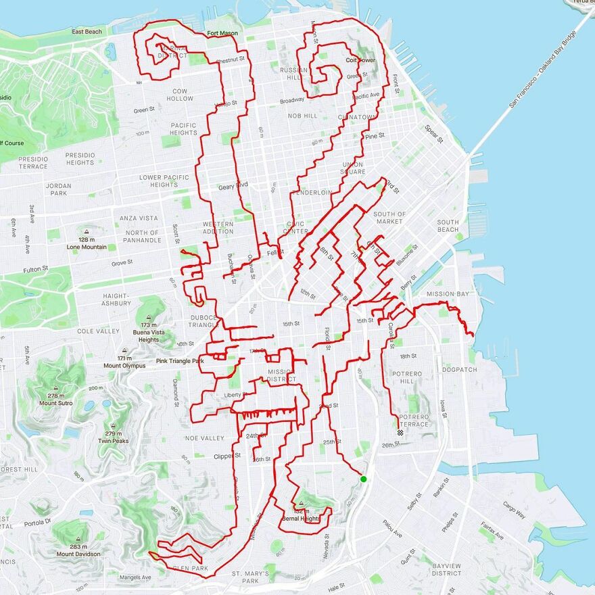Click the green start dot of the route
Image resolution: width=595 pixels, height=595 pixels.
[364, 479]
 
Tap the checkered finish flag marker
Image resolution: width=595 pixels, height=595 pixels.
[400, 432]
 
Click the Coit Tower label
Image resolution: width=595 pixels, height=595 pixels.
[360, 60]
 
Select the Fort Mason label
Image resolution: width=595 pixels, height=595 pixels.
[222, 33]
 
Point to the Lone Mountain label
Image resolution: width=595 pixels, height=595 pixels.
[87, 247]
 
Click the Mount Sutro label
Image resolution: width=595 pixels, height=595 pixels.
[57, 404]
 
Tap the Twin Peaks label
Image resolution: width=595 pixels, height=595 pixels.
[114, 441]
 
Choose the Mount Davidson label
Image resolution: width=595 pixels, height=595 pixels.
[78, 554]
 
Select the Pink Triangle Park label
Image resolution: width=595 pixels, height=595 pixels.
[180, 361]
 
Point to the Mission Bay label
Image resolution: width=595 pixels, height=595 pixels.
[448, 294]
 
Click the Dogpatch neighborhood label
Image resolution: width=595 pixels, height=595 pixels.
[459, 370]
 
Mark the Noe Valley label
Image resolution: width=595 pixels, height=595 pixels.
[204, 438]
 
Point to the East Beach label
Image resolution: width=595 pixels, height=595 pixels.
[87, 32]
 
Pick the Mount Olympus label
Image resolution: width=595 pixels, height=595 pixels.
[124, 366]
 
